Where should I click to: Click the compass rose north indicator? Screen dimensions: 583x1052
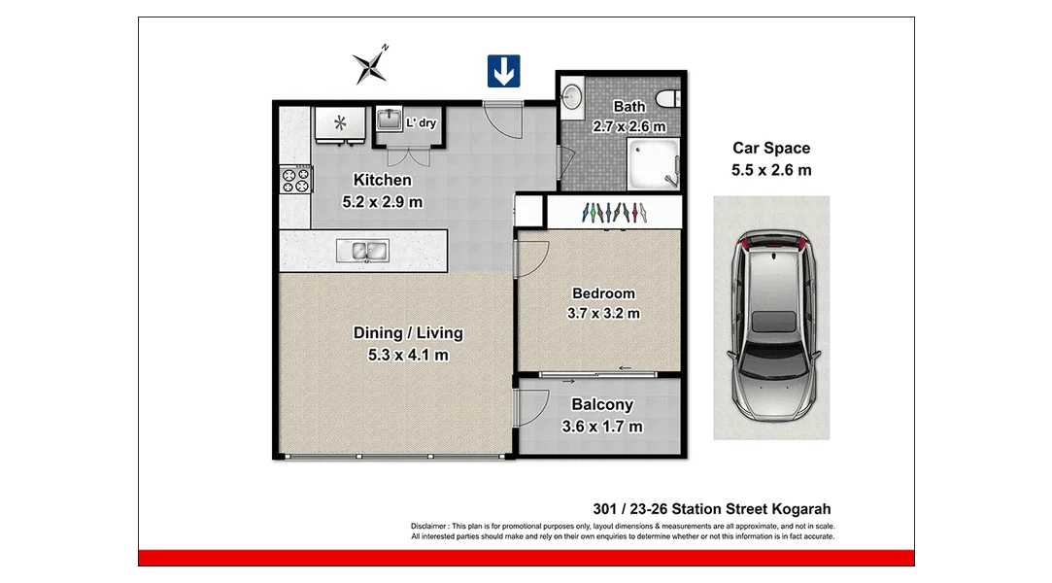[x=370, y=65]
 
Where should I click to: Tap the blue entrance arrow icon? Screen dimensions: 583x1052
[x=503, y=71]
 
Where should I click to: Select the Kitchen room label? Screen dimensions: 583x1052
[x=382, y=180]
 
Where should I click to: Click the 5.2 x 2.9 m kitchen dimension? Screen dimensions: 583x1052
[x=382, y=202]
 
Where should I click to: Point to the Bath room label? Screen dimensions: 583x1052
[x=628, y=106]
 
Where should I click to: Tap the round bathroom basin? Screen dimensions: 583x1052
[x=572, y=96]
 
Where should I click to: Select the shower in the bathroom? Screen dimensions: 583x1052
[x=656, y=162]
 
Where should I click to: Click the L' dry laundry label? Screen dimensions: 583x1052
[x=422, y=123]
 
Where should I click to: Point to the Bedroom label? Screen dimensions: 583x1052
[x=603, y=293]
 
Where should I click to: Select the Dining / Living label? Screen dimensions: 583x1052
[x=407, y=333]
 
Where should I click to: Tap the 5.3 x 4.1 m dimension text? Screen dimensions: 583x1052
[x=407, y=356]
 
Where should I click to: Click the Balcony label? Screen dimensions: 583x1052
[x=602, y=405]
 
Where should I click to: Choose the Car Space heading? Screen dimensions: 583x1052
[x=770, y=149]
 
